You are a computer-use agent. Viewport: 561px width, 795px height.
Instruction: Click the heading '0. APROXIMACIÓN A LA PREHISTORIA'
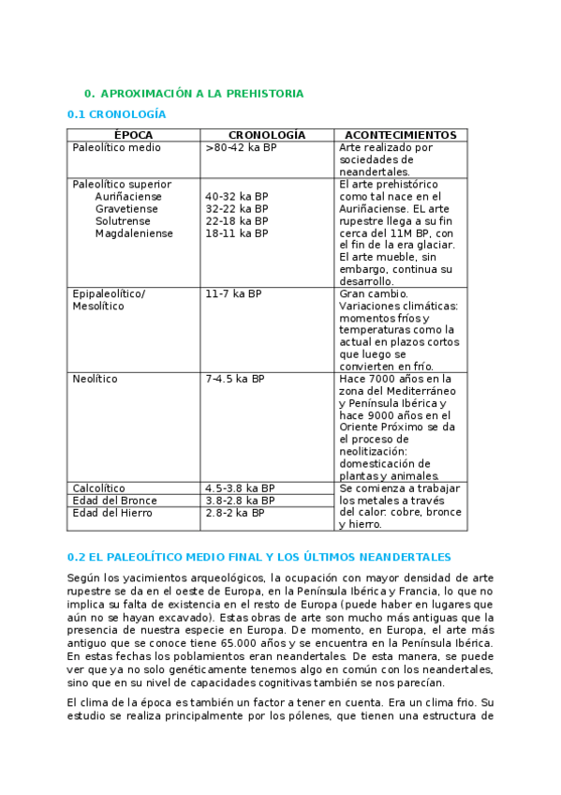193,94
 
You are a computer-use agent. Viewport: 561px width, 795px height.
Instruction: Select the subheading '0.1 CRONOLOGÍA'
117,114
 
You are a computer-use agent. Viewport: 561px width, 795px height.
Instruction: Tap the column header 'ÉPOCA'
134,135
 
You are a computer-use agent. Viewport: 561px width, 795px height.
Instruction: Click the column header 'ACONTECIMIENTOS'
400,135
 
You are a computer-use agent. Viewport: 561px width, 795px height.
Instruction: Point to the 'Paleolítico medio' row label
116,148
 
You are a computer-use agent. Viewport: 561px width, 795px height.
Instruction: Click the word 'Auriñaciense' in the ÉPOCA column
128,197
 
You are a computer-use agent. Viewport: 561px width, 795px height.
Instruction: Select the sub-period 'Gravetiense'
126,209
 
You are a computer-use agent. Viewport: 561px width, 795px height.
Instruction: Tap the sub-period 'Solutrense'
124,221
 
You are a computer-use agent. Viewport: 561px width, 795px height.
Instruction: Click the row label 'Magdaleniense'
134,233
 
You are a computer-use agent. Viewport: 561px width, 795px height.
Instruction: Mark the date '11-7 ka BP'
233,294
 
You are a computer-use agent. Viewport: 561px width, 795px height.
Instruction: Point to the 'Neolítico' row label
95,380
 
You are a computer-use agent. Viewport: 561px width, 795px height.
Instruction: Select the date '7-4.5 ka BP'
234,380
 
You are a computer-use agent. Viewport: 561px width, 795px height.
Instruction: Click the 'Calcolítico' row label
98,488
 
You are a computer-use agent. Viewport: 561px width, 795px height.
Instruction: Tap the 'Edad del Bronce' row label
114,501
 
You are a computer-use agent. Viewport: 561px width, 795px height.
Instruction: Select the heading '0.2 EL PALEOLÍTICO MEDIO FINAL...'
259,557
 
